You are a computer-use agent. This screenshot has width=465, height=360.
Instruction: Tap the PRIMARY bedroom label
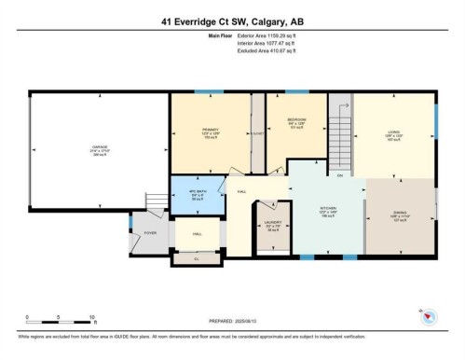pos(211,132)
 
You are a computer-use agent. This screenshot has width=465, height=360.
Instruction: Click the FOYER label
pos(150,233)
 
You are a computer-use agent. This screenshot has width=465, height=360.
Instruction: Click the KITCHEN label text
pos(328,209)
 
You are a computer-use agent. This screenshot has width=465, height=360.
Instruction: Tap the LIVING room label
pos(393,132)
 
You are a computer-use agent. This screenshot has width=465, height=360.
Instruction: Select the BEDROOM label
pos(296,121)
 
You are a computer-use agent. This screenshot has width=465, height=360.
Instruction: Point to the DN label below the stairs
pos(340,174)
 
